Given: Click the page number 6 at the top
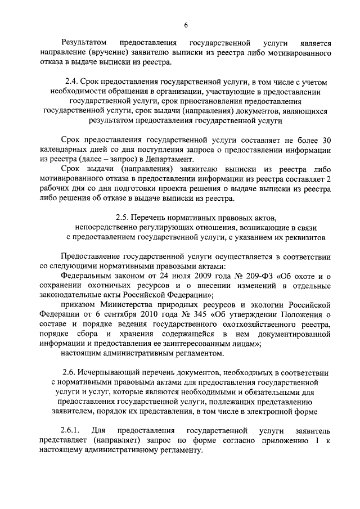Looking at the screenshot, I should coord(186,25).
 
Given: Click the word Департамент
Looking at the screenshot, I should coord(211,159).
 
